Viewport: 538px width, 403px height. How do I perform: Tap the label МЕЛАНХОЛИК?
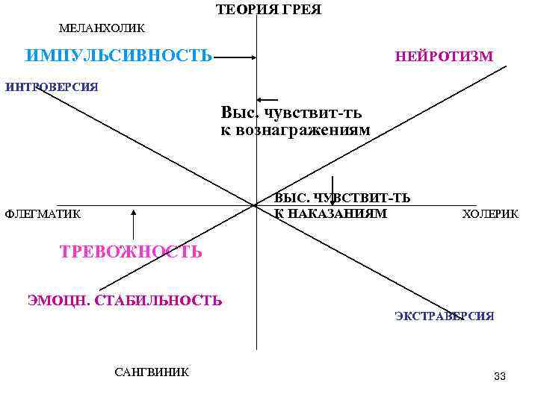102,28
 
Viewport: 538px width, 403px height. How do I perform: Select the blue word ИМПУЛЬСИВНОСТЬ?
119,56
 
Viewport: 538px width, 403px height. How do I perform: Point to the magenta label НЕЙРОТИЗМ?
444,57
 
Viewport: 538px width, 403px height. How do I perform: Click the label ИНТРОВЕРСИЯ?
52,87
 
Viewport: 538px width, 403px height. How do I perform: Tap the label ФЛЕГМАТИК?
43,214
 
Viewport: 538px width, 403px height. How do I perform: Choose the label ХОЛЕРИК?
490,214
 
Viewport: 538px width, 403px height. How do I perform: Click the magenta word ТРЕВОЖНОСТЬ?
131,252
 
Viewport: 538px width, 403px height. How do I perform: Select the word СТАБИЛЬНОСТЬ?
158,301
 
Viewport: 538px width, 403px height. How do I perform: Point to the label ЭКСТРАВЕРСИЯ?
444,316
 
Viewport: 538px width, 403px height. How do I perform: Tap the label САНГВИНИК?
152,372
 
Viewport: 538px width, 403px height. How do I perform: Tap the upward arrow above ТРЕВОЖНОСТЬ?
133,224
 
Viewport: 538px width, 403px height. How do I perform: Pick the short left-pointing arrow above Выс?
267,99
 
